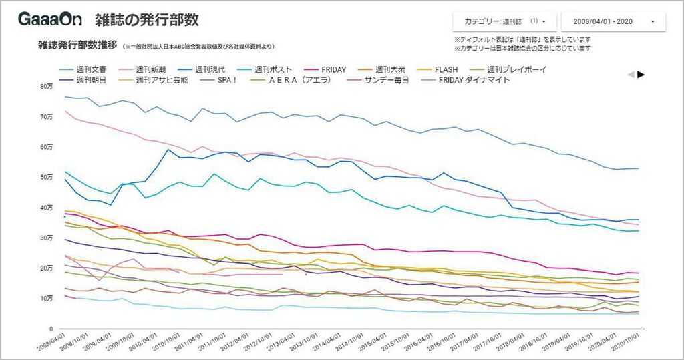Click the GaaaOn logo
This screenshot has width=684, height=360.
pyautogui.click(x=49, y=19)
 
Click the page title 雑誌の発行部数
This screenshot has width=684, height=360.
pyautogui.click(x=146, y=20)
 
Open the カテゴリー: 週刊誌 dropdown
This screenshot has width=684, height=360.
pyautogui.click(x=504, y=21)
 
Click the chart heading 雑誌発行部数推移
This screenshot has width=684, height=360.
pyautogui.click(x=78, y=45)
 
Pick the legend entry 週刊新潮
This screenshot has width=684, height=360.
pyautogui.click(x=150, y=69)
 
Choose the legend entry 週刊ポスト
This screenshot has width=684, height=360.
pyautogui.click(x=273, y=69)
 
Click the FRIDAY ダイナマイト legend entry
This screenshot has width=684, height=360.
pyautogui.click(x=474, y=80)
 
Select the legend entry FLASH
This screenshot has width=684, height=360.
pyautogui.click(x=446, y=69)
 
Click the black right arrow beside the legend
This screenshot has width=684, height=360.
pyautogui.click(x=641, y=74)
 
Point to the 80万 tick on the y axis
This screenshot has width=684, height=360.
pyautogui.click(x=46, y=86)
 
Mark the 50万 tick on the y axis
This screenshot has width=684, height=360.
pyautogui.click(x=46, y=177)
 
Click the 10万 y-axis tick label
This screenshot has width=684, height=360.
pyautogui.click(x=46, y=298)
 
